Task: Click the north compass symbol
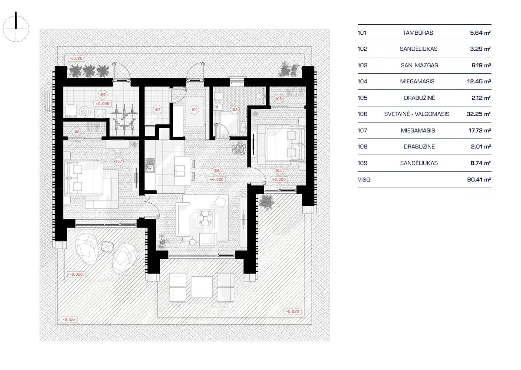pyautogui.click(x=16, y=29)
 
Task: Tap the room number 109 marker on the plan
pyautogui.click(x=102, y=95)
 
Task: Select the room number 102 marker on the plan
pyautogui.click(x=157, y=110)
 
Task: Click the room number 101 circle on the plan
pyautogui.click(x=194, y=110)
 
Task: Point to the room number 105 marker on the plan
pyautogui.click(x=278, y=99)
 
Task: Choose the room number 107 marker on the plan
pyautogui.click(x=119, y=161)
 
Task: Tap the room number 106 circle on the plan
pyautogui.click(x=217, y=171)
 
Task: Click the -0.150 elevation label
pyautogui.click(x=69, y=320)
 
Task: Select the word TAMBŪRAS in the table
pyautogui.click(x=418, y=33)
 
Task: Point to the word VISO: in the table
pyautogui.click(x=365, y=179)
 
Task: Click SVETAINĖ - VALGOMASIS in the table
pyautogui.click(x=417, y=114)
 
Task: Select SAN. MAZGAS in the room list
pyautogui.click(x=419, y=65)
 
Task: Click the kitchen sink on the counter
pyautogui.click(x=150, y=165)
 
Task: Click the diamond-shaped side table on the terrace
pyautogui.click(x=107, y=246)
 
